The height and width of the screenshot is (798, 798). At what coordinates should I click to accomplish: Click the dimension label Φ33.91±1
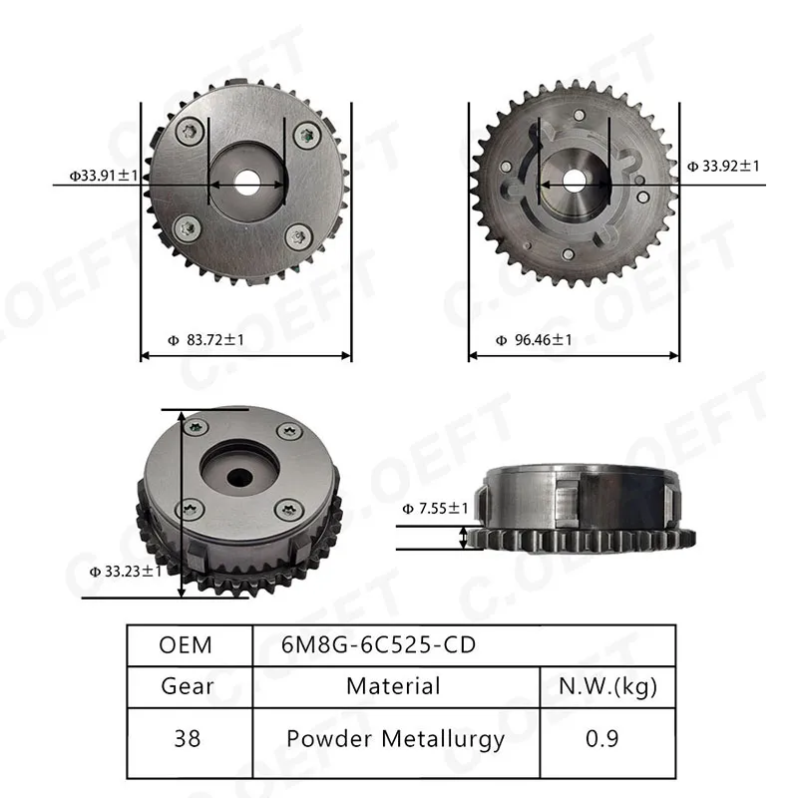click(104, 176)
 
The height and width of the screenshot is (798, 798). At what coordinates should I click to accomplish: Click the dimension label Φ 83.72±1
click(206, 339)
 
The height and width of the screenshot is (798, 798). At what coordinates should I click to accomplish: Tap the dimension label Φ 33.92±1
click(723, 166)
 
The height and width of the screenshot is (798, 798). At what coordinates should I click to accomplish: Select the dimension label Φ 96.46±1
click(534, 339)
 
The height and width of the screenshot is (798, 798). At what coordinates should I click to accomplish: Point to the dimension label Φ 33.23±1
click(126, 571)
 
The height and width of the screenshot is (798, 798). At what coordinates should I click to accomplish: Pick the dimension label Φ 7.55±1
click(435, 508)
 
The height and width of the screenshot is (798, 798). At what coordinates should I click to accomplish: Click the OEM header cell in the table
click(186, 645)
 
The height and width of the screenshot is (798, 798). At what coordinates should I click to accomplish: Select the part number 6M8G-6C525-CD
click(378, 645)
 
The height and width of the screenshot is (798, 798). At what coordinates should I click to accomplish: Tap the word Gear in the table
click(188, 686)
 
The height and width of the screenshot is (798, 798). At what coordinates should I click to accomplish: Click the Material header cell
click(393, 686)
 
